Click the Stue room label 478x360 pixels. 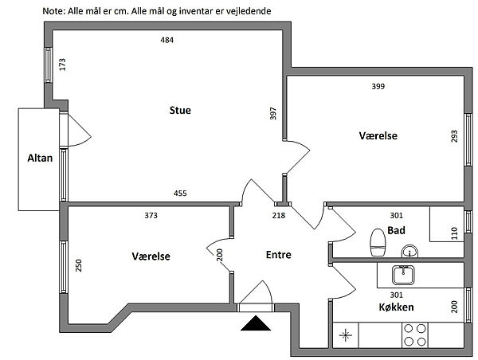(x=180, y=110)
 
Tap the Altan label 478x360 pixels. (x=39, y=158)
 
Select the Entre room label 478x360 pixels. (x=278, y=256)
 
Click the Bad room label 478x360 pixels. (x=396, y=231)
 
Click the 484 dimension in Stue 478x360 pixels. (x=167, y=41)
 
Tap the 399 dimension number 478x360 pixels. (x=379, y=86)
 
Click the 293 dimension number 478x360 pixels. (x=455, y=136)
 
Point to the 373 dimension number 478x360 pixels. (x=151, y=215)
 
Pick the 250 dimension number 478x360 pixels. (x=79, y=265)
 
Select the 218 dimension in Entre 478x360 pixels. (x=279, y=215)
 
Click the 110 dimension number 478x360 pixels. (x=455, y=233)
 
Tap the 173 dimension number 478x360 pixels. (x=62, y=65)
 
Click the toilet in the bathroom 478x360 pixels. (x=378, y=242)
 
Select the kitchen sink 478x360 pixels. (x=402, y=275)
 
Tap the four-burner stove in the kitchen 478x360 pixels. (x=414, y=335)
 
